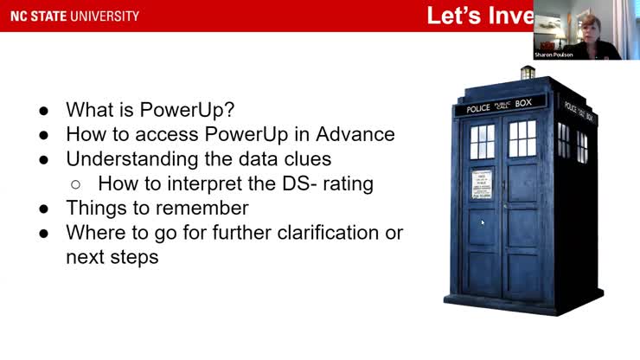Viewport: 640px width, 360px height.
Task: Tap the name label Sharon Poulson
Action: pos(554,55)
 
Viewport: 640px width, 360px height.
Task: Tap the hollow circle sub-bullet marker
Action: pos(75,184)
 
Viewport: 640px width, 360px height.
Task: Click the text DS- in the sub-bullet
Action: pos(297,183)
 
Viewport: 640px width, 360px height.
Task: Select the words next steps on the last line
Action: pos(112,257)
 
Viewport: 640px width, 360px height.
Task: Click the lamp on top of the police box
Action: pos(527,72)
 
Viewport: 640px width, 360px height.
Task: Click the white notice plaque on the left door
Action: pos(482,184)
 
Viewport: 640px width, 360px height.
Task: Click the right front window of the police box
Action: pos(522,138)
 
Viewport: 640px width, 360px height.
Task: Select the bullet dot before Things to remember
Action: pos(44,209)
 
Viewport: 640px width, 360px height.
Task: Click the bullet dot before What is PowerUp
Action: pos(44,111)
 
